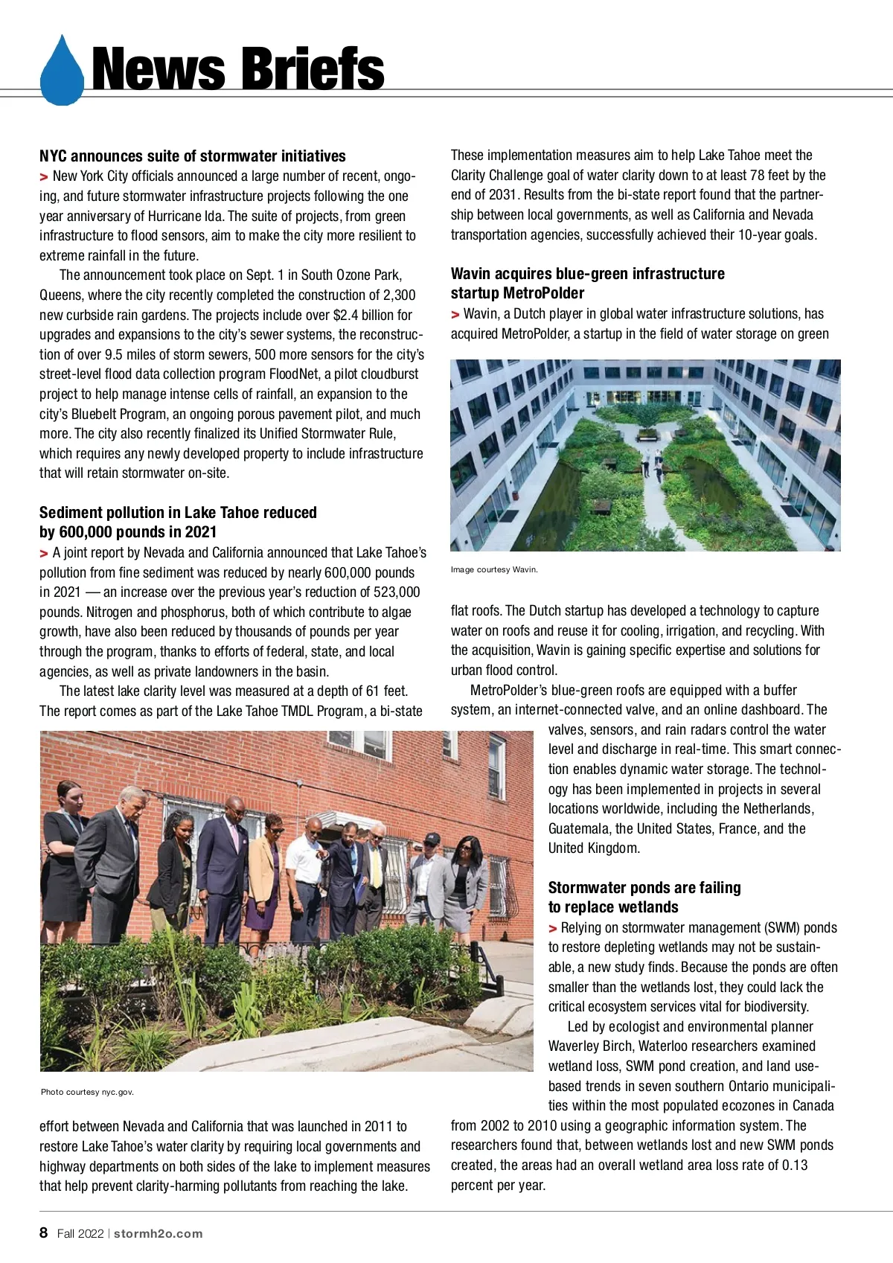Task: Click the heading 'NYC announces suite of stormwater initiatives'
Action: point(193,156)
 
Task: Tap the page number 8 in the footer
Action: point(44,1232)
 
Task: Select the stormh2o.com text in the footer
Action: point(158,1233)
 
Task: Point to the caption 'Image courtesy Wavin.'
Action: point(494,570)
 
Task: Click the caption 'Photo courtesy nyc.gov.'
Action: point(87,1092)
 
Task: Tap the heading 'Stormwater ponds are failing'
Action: point(644,887)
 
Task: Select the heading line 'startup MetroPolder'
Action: point(517,293)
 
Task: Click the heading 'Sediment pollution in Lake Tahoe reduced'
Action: point(178,512)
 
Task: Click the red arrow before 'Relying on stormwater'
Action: point(553,928)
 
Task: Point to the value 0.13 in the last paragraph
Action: point(794,1166)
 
